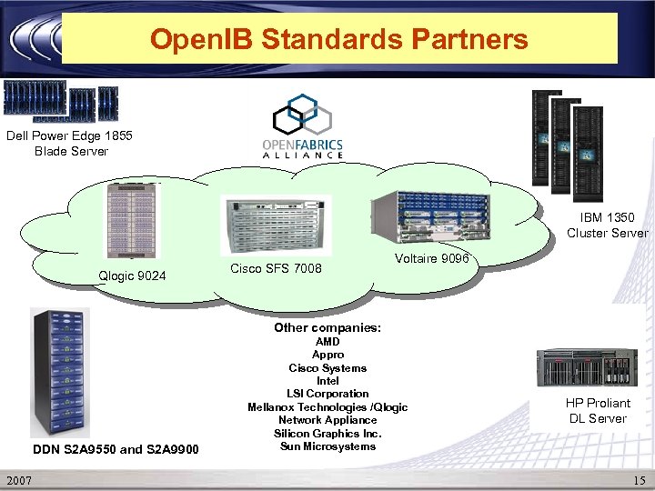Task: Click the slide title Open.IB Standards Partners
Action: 338,39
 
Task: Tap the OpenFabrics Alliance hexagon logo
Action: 302,117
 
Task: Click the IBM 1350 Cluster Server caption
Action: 607,225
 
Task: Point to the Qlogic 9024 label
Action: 132,275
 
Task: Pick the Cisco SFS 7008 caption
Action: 276,268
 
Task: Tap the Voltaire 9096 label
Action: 431,259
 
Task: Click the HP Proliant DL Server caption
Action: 598,410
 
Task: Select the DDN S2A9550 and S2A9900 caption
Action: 115,449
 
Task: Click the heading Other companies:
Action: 327,327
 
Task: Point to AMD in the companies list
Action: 327,342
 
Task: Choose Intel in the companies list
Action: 327,381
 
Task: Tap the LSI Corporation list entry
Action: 327,394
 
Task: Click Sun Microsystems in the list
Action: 327,446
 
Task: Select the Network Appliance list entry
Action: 327,420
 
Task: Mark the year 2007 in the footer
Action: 20,479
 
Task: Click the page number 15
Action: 636,479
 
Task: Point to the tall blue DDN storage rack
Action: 60,372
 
